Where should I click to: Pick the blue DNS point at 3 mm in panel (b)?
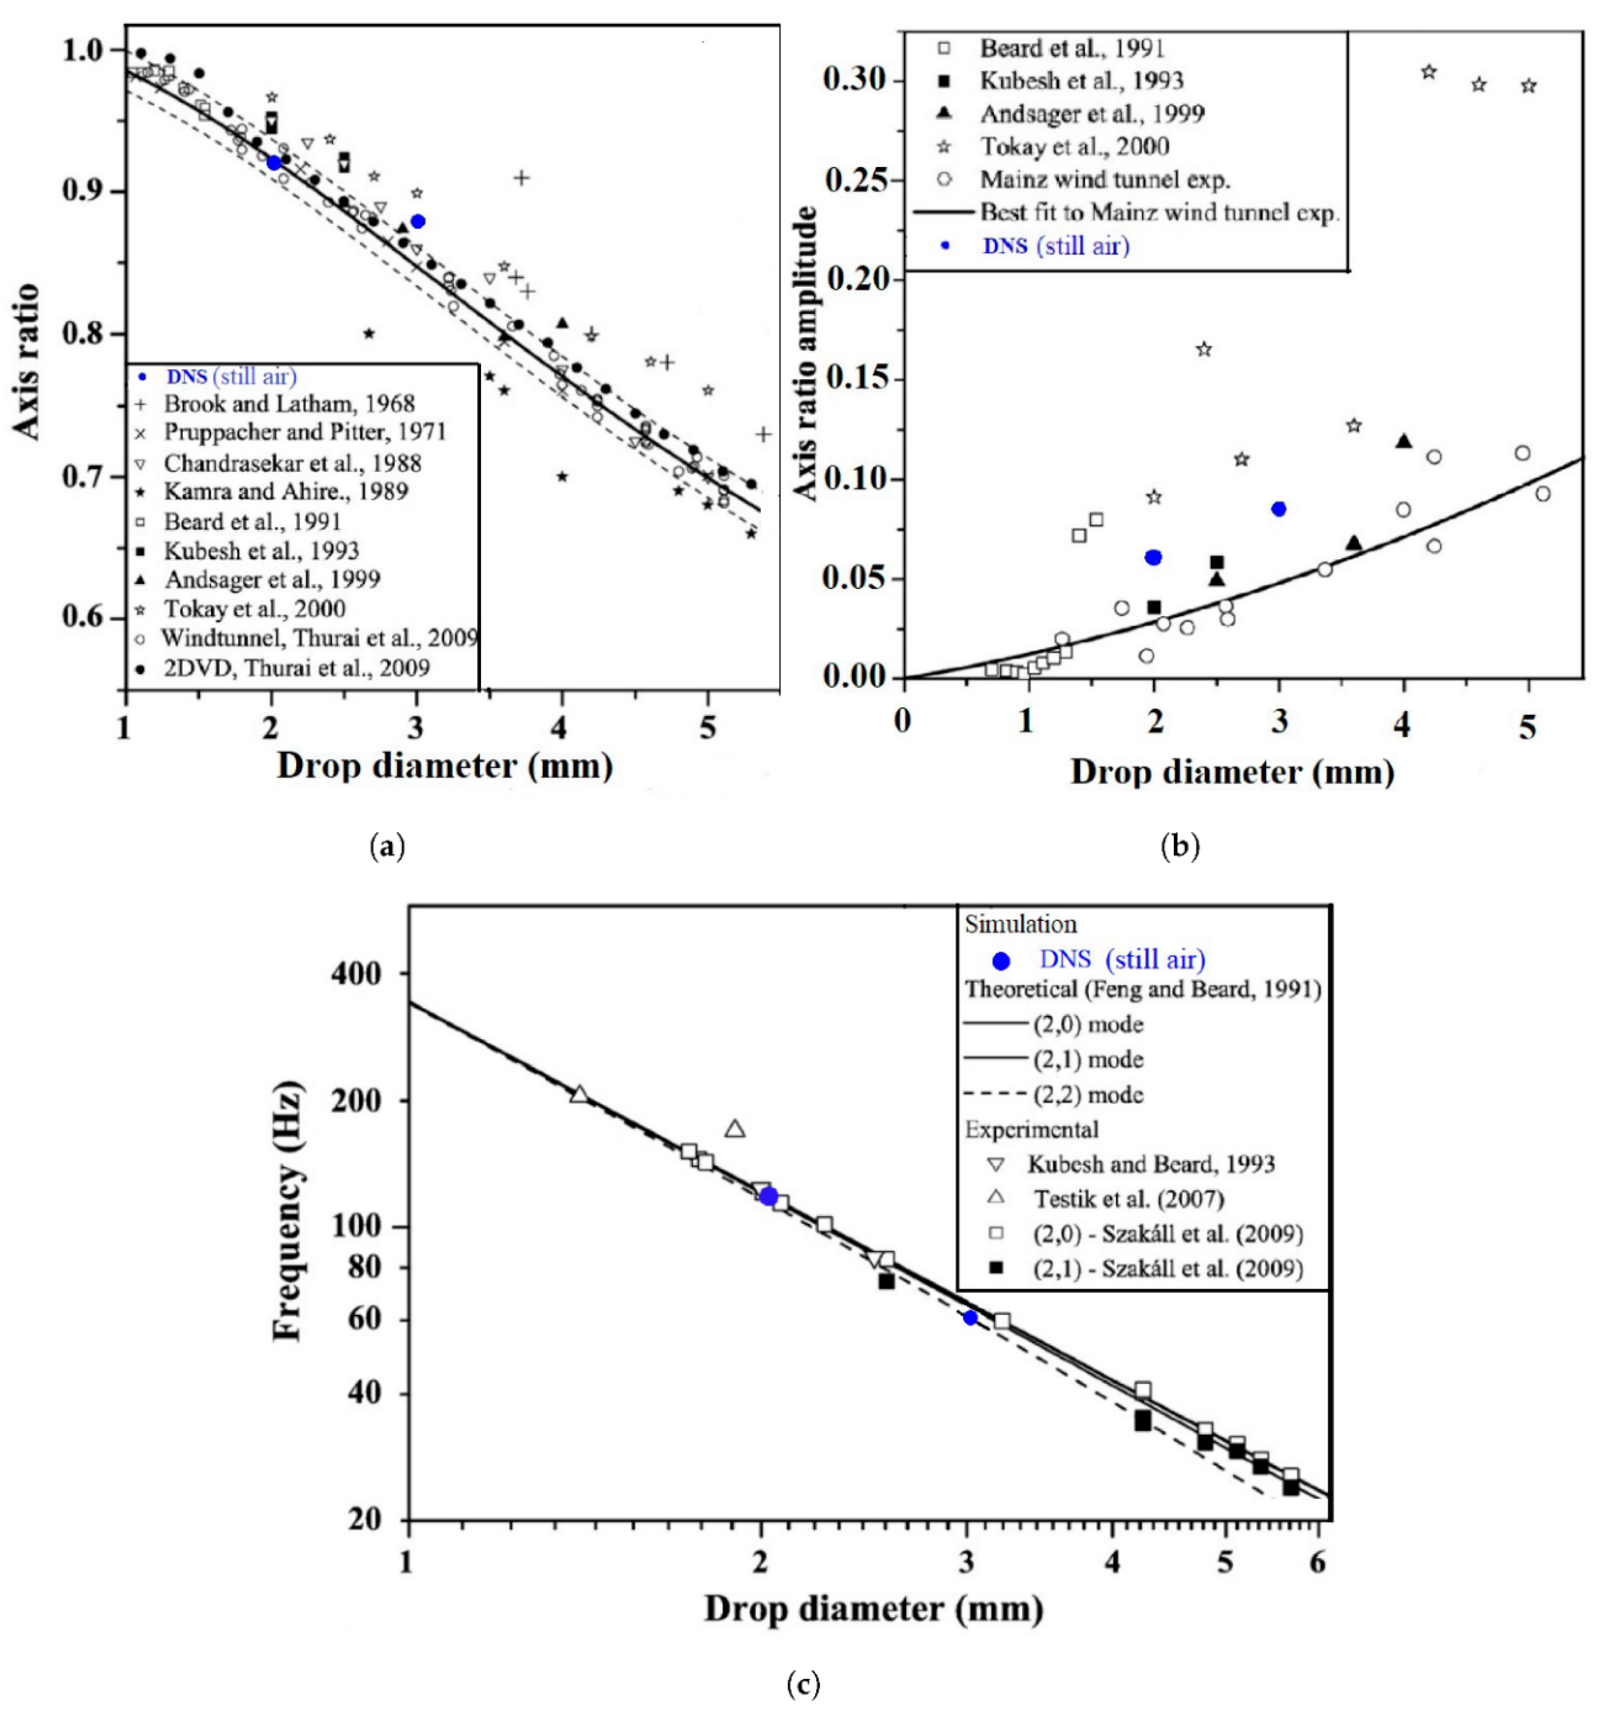pyautogui.click(x=1279, y=509)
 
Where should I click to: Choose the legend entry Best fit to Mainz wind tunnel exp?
pyautogui.click(x=1158, y=212)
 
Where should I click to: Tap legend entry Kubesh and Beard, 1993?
pyautogui.click(x=1150, y=1164)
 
